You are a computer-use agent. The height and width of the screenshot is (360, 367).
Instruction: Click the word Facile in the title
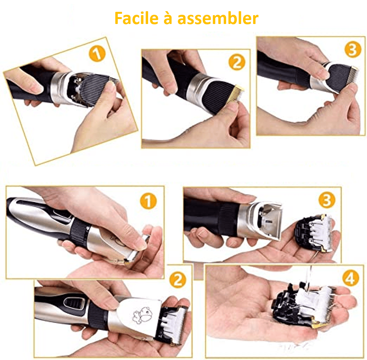[137, 18]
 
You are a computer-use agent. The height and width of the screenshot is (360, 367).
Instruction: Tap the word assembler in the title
[218, 18]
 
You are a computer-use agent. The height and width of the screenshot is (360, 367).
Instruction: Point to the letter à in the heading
[168, 18]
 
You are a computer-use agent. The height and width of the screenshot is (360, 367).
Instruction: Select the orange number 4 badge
[351, 278]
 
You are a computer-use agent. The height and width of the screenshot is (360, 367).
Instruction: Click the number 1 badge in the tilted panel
[97, 54]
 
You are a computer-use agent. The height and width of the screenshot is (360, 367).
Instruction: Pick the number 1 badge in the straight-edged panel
[148, 201]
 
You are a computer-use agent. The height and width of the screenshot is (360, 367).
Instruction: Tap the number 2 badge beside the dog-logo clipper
[178, 279]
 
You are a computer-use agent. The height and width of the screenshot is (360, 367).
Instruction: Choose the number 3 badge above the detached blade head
[327, 200]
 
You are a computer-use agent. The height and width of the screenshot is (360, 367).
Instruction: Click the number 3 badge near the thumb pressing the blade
[353, 49]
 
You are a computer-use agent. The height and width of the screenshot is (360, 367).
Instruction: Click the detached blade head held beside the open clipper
[314, 233]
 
